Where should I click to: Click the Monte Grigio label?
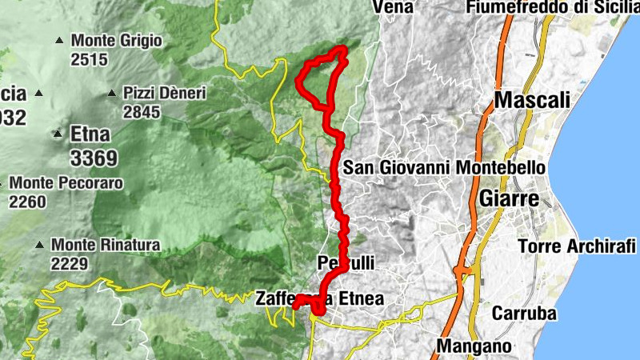[117, 40]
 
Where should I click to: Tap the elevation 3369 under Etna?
[94, 156]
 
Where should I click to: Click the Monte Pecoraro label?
[66, 183]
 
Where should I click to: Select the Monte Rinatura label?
[106, 244]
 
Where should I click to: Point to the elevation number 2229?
[70, 263]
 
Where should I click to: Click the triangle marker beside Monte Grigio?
[59, 40]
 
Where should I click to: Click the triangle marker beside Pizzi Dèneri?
[112, 93]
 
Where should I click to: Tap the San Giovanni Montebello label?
[444, 168]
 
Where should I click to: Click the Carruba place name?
[524, 313]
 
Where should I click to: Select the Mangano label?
[474, 347]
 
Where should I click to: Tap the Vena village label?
[394, 7]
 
